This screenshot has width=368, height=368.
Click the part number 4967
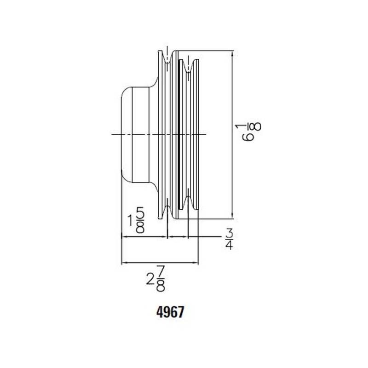[170, 312]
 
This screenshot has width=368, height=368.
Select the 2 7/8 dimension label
[155, 279]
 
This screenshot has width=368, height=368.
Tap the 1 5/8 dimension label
[136, 220]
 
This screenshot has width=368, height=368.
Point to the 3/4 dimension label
[229, 239]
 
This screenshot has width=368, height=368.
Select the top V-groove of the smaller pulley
[188, 66]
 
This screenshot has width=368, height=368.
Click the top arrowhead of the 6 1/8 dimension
[232, 54]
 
